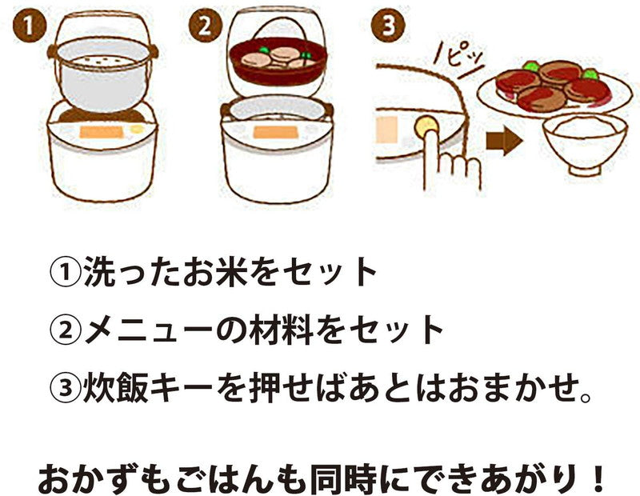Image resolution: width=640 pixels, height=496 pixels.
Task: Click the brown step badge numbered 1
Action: (29, 26)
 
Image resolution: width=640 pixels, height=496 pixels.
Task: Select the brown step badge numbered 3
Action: (388, 26)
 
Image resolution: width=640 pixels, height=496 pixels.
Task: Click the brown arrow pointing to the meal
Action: (504, 141)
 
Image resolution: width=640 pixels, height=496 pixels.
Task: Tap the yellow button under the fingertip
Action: (426, 127)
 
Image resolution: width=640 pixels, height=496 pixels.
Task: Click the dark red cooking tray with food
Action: (278, 62)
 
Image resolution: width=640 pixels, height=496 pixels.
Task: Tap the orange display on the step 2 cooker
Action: (276, 132)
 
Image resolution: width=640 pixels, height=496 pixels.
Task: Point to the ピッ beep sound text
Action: (460, 61)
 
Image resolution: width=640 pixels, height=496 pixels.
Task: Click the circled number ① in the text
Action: (66, 271)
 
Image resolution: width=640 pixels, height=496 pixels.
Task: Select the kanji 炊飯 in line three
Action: (115, 387)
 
